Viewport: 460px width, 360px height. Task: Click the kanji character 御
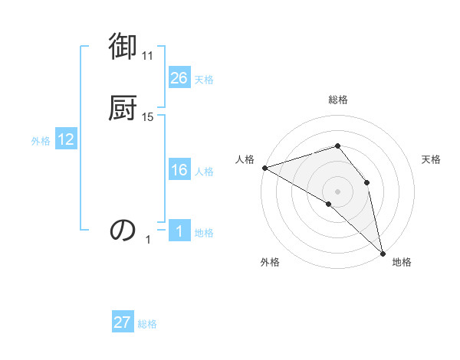[123, 47]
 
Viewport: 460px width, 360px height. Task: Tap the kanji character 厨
[123, 107]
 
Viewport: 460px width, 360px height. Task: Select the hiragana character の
[123, 229]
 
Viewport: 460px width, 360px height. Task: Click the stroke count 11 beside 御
[148, 56]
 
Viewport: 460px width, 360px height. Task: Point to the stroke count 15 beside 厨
[148, 117]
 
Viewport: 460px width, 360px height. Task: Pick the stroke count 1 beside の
[149, 240]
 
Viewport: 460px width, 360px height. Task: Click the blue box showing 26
[179, 77]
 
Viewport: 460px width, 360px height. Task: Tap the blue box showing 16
[179, 170]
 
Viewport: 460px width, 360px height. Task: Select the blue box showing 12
[66, 139]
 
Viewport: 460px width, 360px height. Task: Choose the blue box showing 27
[123, 322]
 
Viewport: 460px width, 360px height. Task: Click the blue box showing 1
[179, 231]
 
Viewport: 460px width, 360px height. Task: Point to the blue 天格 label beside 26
[204, 79]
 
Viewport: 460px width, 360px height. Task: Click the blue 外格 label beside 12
[41, 141]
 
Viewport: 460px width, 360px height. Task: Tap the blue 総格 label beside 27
[147, 324]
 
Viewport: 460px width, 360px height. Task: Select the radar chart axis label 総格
[337, 100]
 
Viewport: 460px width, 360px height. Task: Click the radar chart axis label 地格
[402, 263]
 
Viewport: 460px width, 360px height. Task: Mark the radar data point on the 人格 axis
[264, 167]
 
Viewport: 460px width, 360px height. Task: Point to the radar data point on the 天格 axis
[367, 182]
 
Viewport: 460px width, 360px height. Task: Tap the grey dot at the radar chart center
[337, 191]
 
